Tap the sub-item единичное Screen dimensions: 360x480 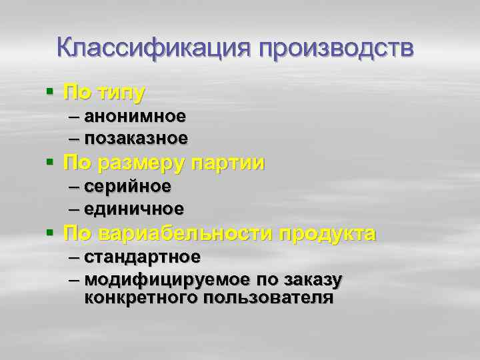135,208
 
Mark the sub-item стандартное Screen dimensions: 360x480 143,257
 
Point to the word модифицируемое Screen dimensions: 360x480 168,279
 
